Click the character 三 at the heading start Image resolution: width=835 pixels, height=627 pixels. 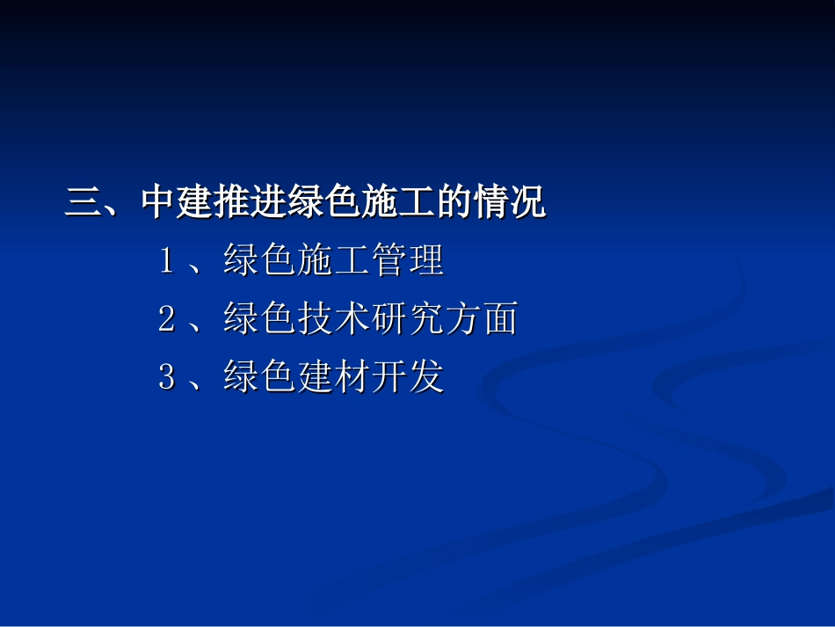[83, 204]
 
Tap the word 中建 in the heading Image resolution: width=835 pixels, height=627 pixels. [176, 204]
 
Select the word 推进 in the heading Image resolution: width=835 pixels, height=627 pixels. [250, 204]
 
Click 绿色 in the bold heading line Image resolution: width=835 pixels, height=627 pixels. [323, 204]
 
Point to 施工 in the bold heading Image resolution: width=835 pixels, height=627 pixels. [397, 204]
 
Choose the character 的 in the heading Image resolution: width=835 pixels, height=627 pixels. [454, 204]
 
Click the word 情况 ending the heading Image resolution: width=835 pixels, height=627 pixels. [509, 204]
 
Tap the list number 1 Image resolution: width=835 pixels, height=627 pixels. [166, 262]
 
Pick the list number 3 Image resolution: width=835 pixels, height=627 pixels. [166, 378]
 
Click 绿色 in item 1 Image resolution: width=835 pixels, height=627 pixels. [259, 262]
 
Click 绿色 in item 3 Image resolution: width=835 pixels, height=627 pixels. [259, 378]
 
